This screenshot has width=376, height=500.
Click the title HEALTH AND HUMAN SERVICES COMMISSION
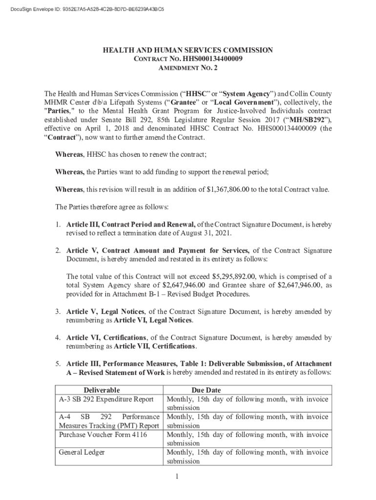(x=188, y=50)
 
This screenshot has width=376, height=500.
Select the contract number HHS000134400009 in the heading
(x=214, y=59)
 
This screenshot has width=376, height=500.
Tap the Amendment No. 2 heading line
(x=188, y=68)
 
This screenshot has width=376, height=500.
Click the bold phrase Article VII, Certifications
(x=154, y=346)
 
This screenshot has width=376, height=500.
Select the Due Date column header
(x=206, y=390)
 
